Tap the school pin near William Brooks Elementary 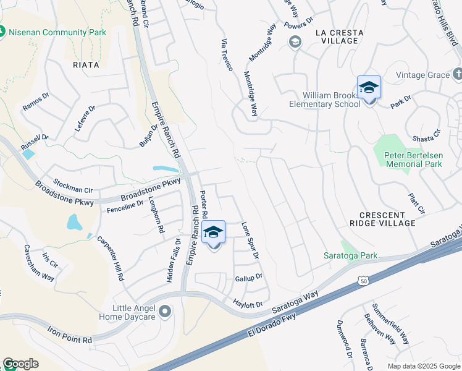(369, 88)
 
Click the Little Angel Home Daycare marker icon (164, 311)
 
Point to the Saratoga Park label (351, 255)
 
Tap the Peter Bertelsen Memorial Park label (413, 160)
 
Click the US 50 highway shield (364, 281)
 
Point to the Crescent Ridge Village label (382, 218)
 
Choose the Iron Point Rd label (69, 335)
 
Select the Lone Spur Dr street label (250, 241)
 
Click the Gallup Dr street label (249, 278)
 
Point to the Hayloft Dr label (248, 304)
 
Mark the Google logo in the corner (20, 364)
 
